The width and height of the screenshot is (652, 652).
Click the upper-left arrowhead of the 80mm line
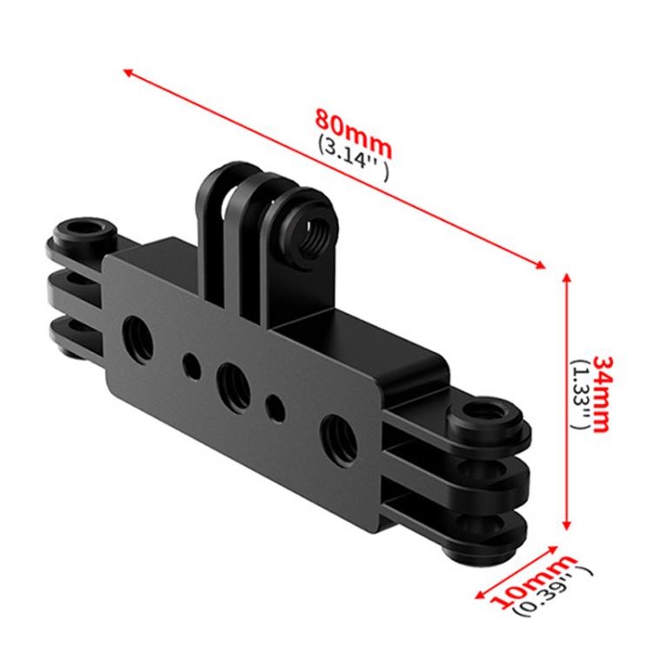click(x=128, y=71)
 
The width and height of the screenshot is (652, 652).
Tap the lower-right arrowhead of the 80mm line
click(x=545, y=264)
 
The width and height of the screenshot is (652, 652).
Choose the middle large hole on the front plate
click(x=232, y=380)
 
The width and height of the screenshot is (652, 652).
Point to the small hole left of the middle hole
click(x=190, y=361)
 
